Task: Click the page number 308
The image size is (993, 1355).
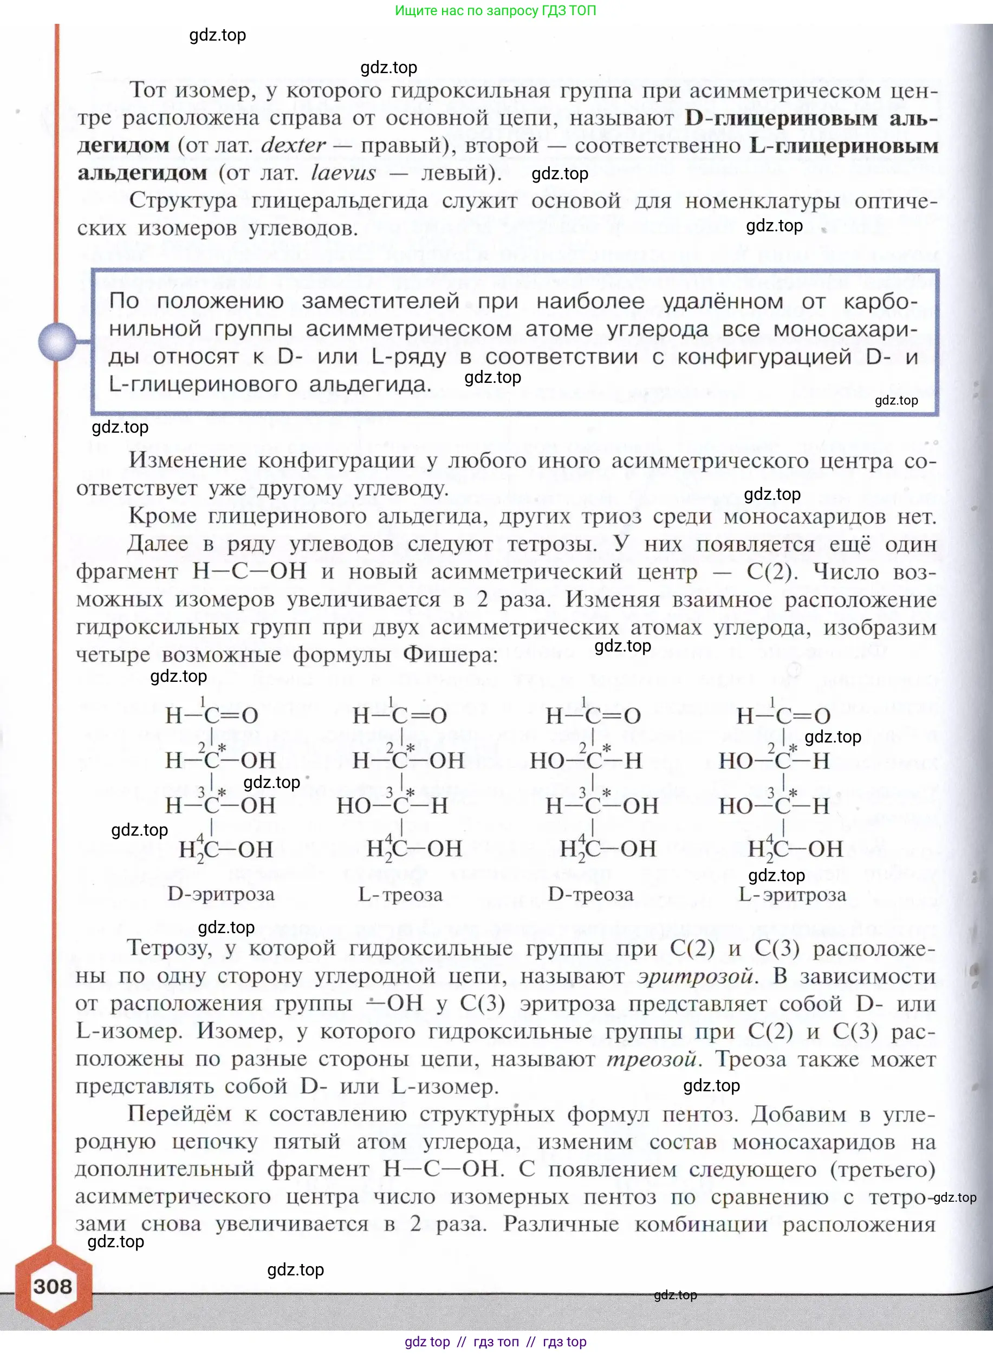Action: [x=53, y=1287]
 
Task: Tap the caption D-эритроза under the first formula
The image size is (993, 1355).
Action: [x=220, y=894]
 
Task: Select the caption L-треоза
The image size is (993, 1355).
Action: [x=400, y=895]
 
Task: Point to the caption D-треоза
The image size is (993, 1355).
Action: [x=590, y=895]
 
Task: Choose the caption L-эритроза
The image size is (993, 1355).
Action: [x=791, y=895]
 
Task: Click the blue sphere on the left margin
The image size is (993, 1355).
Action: [x=57, y=341]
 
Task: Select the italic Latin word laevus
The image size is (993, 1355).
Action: [x=343, y=173]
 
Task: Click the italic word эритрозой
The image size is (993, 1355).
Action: [x=695, y=976]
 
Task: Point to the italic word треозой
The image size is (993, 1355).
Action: [x=651, y=1058]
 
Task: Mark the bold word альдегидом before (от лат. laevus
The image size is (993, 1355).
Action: [x=142, y=173]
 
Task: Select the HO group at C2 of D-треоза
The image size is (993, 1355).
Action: [x=548, y=761]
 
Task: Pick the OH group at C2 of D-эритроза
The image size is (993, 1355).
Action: [x=258, y=760]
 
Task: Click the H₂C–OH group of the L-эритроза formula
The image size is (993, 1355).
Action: [x=795, y=849]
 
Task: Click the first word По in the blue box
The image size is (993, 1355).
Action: [x=124, y=301]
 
